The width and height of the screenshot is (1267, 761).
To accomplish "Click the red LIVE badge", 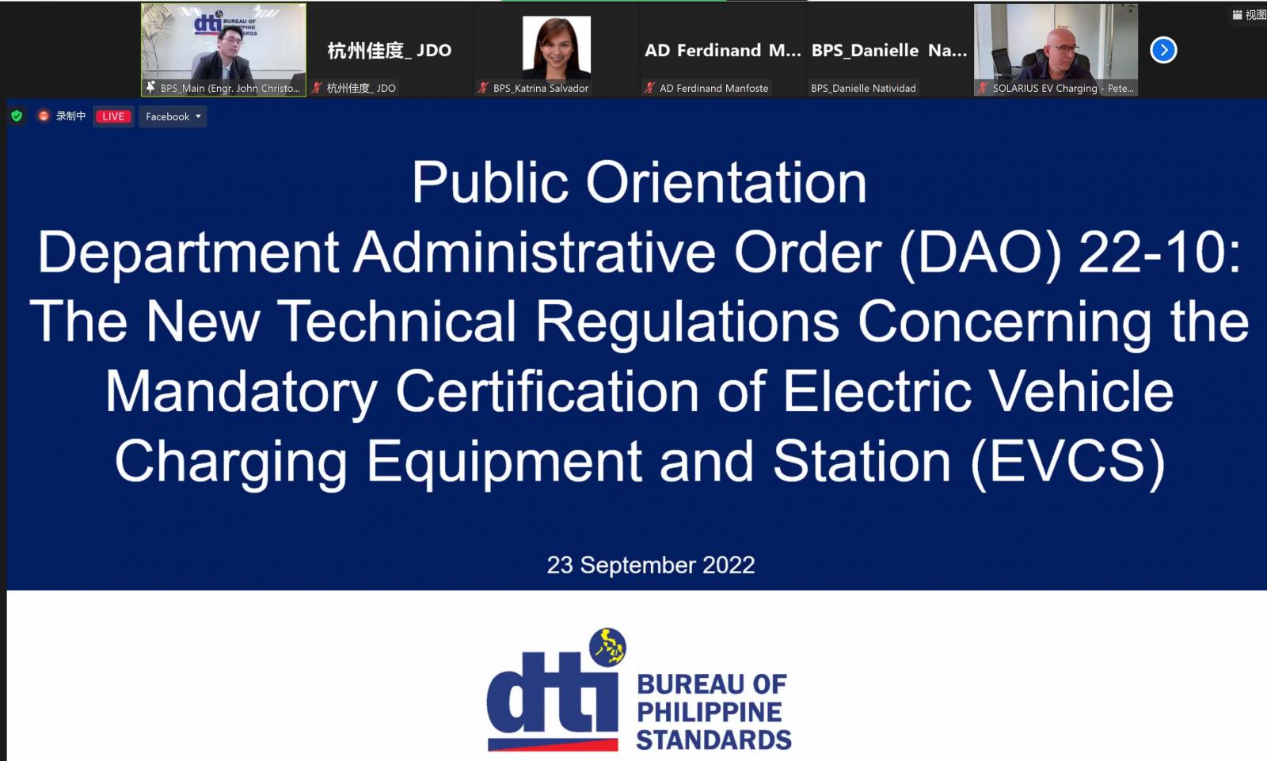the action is [x=114, y=116].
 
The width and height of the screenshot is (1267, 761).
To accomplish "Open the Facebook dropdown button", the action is [x=173, y=116].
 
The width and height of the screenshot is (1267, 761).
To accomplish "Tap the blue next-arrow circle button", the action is [x=1163, y=51].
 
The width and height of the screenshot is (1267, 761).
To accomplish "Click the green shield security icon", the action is [x=17, y=116].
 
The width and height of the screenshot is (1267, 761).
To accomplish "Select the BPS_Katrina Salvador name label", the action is [x=540, y=88].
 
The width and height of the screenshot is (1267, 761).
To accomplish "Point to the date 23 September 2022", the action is [x=650, y=565].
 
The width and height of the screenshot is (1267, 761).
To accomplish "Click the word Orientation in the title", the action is [x=726, y=183].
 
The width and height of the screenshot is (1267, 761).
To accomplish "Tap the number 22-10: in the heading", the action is [x=1159, y=253].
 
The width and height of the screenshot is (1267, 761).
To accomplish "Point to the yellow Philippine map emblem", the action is [x=607, y=647].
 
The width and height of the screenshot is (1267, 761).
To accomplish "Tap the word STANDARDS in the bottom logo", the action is [x=713, y=740].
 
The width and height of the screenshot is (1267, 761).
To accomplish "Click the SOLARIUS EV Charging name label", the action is [x=1063, y=88].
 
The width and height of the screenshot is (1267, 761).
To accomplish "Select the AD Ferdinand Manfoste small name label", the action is [x=713, y=88].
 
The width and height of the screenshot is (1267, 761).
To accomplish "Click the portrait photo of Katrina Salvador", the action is [x=557, y=48].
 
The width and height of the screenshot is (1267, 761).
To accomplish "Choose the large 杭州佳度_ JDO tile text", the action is [x=390, y=51].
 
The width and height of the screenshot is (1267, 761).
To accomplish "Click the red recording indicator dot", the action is [x=44, y=116].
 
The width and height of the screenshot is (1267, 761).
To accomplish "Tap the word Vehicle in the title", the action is [x=1082, y=391].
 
